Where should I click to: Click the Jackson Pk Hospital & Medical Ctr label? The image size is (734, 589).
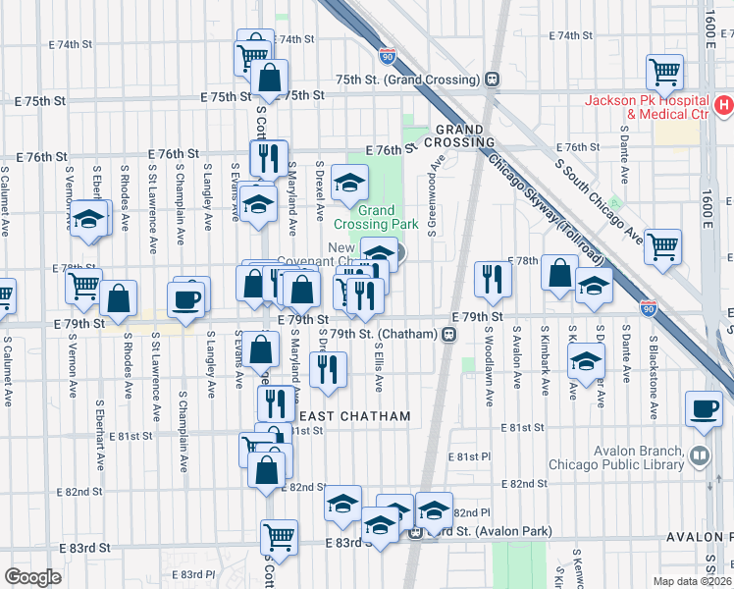[647, 107]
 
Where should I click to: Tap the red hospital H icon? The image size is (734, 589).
[724, 102]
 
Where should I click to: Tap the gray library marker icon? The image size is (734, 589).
[699, 455]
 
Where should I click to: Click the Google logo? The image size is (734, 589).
[32, 577]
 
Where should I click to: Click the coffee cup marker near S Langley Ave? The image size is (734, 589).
[185, 298]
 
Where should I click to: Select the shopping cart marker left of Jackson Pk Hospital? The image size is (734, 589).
[664, 72]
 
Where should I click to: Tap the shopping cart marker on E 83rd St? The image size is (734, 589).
[279, 537]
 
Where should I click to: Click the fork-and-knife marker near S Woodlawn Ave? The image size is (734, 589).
[492, 279]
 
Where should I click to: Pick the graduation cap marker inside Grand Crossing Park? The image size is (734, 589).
[348, 182]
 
